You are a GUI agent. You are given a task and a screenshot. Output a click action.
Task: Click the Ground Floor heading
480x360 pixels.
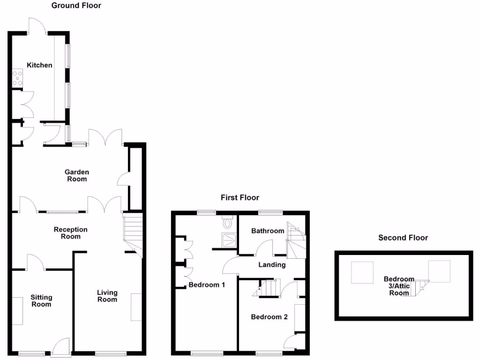(76, 6)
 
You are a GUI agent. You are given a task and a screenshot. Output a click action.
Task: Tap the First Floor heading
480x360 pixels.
(240, 197)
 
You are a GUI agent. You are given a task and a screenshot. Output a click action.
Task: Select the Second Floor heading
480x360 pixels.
(403, 238)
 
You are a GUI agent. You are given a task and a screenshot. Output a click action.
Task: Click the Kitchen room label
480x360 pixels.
(39, 65)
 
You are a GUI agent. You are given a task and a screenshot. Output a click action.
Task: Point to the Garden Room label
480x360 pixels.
(76, 175)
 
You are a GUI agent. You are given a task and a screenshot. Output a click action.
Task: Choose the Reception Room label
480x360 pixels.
(70, 233)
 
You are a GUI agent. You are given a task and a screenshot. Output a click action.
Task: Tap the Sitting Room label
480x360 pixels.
(41, 300)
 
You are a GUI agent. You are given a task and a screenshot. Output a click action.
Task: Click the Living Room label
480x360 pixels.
(107, 296)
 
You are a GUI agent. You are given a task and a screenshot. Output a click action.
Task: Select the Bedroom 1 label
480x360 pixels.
(207, 285)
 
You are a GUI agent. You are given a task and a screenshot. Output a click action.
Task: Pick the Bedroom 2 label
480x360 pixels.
(269, 317)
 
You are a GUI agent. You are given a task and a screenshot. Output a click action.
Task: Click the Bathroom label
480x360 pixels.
(268, 231)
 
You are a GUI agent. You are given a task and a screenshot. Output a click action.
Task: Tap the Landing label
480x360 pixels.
(272, 264)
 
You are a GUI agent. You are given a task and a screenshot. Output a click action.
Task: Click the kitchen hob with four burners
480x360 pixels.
(18, 78)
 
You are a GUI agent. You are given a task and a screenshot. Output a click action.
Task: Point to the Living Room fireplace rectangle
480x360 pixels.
(136, 307)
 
